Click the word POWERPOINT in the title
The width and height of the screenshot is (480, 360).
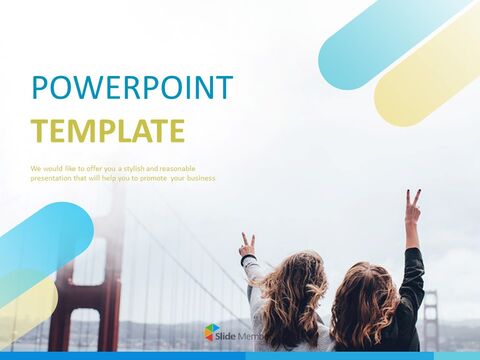(x=132, y=88)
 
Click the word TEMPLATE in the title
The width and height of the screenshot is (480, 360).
(x=107, y=131)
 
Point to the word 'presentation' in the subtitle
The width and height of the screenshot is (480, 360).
(x=52, y=178)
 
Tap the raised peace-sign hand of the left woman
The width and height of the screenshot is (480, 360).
(x=246, y=244)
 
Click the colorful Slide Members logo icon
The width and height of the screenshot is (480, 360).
(x=212, y=332)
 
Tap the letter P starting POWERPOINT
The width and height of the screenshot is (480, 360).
(x=40, y=88)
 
